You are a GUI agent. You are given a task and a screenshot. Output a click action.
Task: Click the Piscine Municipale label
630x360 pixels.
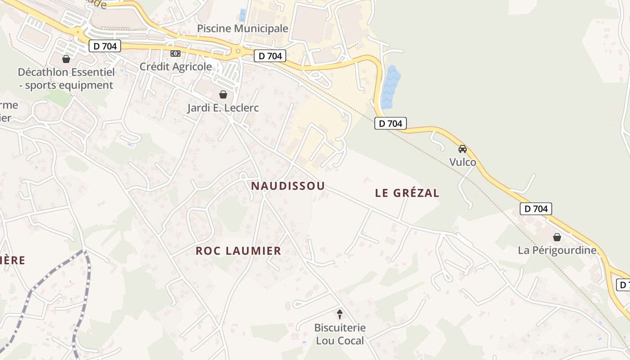point(243,28)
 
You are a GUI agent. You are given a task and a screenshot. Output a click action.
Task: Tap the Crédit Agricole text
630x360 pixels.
point(175,67)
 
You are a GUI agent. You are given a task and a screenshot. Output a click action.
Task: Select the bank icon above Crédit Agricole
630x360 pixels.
point(175,54)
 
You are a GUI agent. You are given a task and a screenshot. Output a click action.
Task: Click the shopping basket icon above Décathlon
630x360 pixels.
point(66,59)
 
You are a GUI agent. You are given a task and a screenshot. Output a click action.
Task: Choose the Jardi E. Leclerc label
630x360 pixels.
point(223,108)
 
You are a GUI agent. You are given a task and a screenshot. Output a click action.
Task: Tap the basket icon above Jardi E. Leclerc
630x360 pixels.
point(223,94)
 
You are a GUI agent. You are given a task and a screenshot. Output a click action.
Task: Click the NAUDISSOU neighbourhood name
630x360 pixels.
point(288,186)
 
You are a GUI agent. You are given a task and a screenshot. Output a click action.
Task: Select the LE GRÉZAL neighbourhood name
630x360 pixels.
point(407,193)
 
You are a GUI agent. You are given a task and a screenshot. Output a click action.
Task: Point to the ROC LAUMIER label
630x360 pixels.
point(238,251)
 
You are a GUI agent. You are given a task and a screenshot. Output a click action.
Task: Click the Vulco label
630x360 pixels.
point(463,162)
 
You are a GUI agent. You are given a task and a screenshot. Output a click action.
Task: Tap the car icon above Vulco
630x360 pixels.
point(463,149)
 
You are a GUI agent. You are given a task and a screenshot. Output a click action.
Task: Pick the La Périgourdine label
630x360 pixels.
point(557,250)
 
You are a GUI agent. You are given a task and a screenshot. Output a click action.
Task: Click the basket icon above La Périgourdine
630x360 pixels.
point(557,237)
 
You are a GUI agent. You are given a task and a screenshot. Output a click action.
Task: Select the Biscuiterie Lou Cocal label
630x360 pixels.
point(340,334)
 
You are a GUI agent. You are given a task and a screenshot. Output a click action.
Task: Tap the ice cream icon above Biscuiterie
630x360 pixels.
point(340,314)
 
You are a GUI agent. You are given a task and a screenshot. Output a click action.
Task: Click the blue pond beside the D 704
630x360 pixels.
point(391,87)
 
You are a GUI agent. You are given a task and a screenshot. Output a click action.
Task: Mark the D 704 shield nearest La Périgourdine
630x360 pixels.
point(535,209)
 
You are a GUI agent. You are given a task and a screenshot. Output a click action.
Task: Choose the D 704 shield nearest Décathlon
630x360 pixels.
point(105,46)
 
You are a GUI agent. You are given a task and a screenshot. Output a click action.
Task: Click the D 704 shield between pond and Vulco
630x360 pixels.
point(391,123)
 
